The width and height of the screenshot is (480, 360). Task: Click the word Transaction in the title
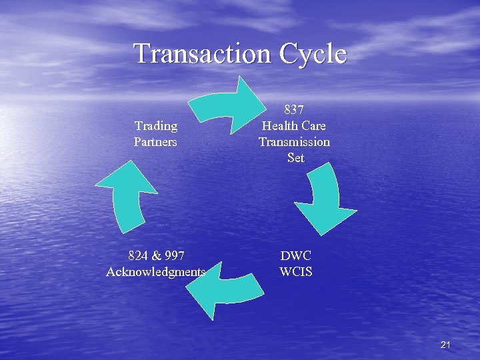click(203, 53)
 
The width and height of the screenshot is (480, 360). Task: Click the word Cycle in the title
click(313, 53)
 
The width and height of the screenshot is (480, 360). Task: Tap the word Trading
click(156, 125)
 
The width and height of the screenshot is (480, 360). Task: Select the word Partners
click(155, 141)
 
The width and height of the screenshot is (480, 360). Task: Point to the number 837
click(295, 109)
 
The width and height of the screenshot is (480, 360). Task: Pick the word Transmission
click(294, 141)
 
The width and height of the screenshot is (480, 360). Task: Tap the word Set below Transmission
click(295, 157)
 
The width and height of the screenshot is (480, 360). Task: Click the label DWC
click(295, 255)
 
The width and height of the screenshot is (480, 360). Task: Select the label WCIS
click(295, 271)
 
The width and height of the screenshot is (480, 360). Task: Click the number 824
click(139, 255)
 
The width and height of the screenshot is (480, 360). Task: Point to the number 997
click(174, 255)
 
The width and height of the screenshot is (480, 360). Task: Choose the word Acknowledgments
click(156, 271)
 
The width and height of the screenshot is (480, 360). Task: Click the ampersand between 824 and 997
click(156, 255)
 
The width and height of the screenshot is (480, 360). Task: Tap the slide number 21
click(446, 345)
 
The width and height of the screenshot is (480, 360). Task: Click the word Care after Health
click(313, 125)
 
